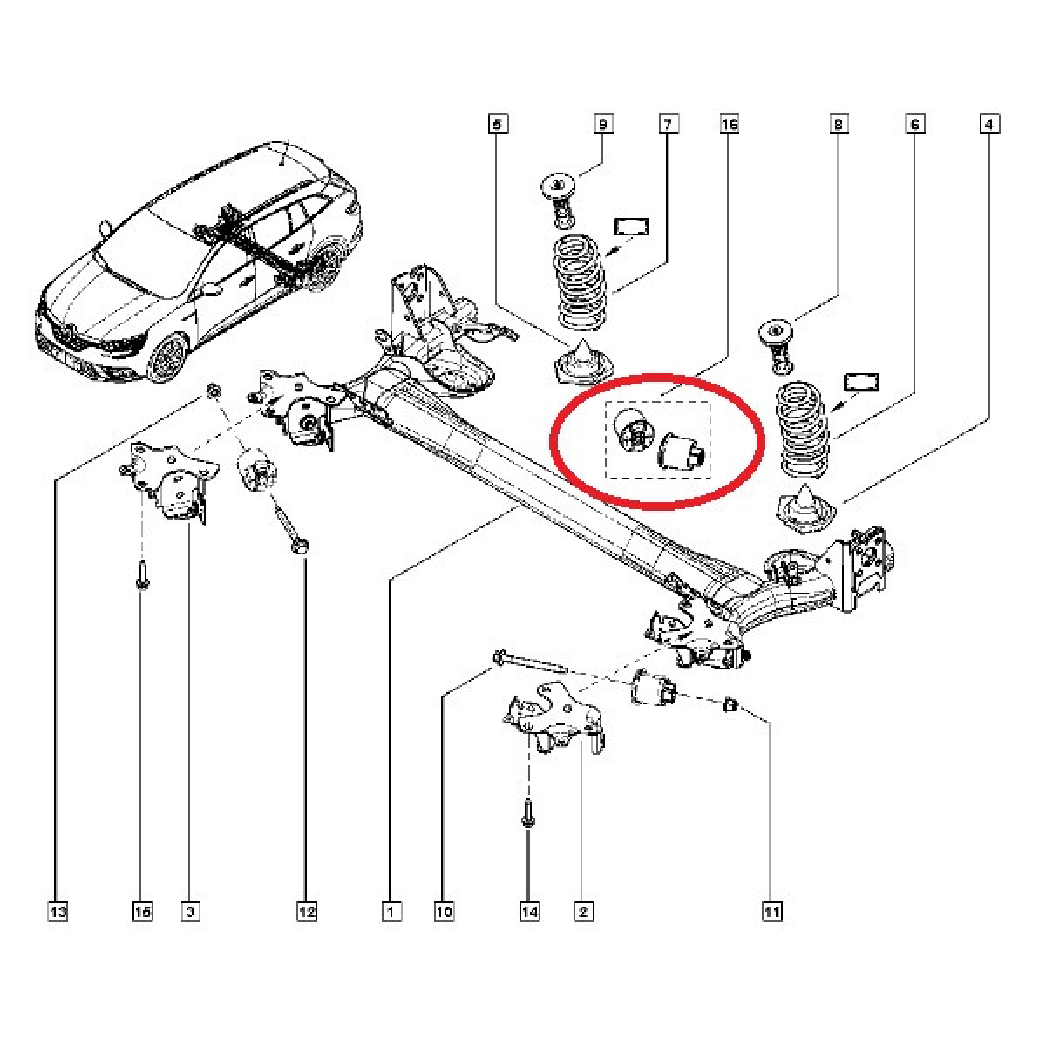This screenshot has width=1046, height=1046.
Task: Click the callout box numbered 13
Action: point(58,912)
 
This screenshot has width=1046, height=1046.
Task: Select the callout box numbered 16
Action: point(730,125)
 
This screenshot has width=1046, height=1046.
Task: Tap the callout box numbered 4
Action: point(989,124)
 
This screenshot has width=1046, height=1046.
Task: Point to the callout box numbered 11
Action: point(772,912)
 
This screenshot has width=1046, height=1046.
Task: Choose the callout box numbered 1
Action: point(391,912)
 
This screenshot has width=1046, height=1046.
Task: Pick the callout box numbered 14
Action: point(529,912)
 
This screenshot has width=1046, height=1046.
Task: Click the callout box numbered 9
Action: point(603,125)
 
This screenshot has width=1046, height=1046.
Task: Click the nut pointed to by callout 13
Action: point(214,390)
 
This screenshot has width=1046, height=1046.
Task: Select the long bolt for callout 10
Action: point(529,663)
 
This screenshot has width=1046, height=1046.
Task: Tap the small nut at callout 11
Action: point(730,704)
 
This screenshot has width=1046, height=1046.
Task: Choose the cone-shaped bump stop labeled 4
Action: point(807,506)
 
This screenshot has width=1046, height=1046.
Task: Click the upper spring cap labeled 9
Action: point(557,200)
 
